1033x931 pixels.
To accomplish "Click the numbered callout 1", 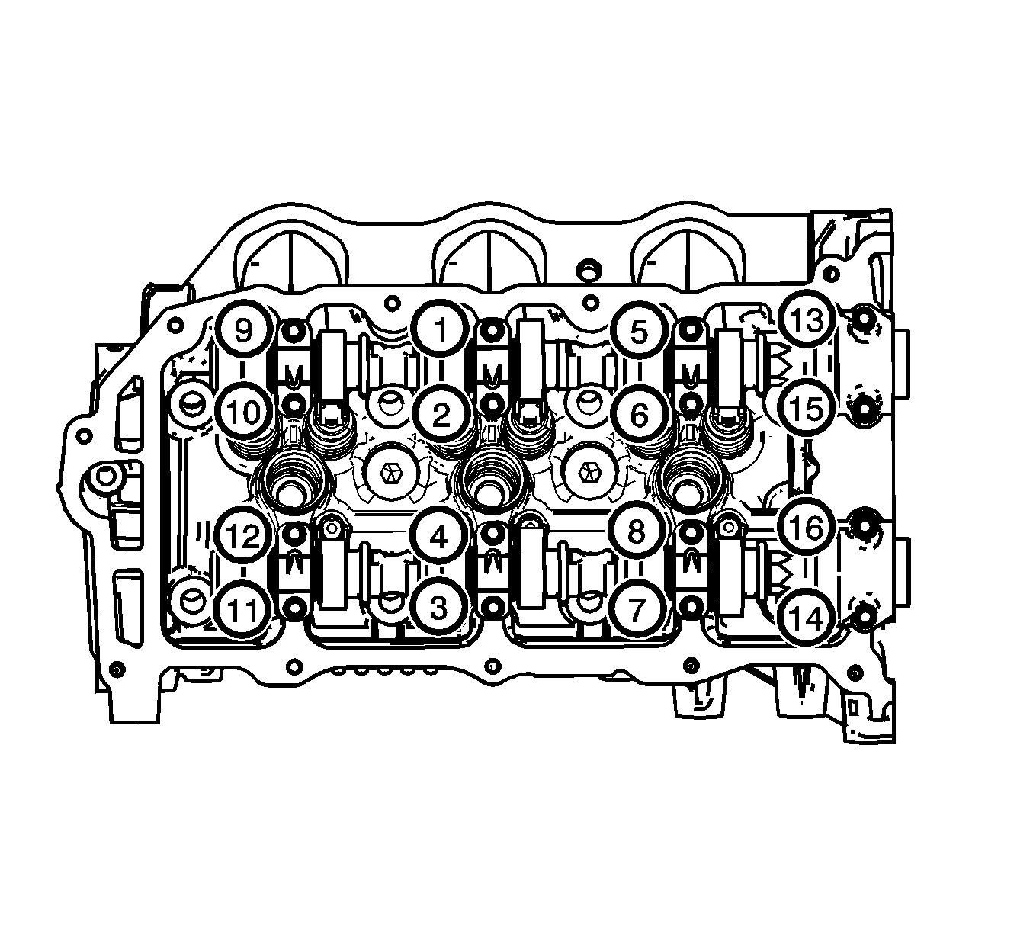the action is pos(441,329).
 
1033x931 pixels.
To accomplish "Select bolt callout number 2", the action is pos(441,415).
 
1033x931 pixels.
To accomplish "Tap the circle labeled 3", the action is pos(439,608).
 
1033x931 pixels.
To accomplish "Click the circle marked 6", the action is pos(639,415).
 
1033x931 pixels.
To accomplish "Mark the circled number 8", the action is pos(637,531).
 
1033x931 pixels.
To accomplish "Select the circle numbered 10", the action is pos(243,413).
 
